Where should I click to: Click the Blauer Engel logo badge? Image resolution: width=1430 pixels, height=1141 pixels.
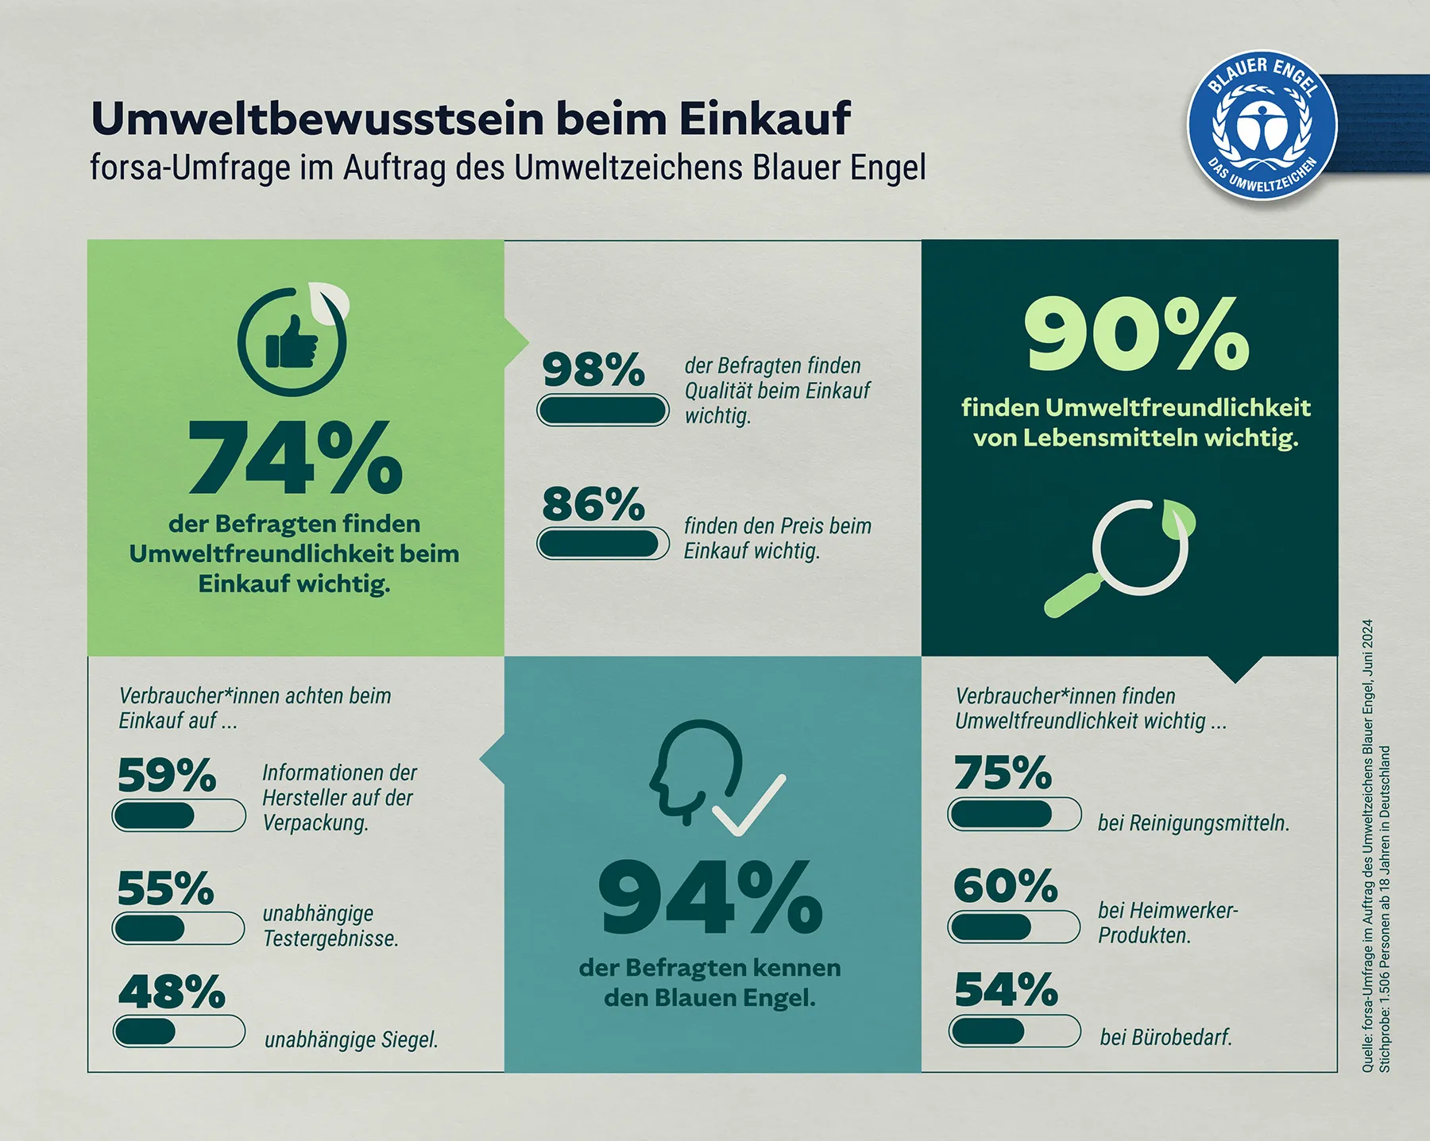tap(1262, 127)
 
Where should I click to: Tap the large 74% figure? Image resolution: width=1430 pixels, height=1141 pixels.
tap(295, 458)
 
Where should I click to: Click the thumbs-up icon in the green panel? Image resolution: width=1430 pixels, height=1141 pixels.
tap(292, 341)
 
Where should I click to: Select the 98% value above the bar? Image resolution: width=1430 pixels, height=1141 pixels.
tap(593, 370)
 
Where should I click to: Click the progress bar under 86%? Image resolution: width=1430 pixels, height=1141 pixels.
tap(603, 544)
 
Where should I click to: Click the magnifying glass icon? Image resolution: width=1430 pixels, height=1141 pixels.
tap(1120, 556)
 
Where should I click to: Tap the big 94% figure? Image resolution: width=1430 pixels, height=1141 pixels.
tap(710, 897)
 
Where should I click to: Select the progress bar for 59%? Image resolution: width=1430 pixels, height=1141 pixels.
tap(179, 815)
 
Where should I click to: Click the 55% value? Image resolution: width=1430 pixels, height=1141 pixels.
tap(166, 889)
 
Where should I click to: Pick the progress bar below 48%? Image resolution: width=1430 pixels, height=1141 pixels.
tap(179, 1031)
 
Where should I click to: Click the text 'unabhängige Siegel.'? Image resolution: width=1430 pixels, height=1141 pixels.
tap(351, 1039)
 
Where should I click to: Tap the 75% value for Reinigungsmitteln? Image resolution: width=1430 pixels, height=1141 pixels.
tap(1003, 773)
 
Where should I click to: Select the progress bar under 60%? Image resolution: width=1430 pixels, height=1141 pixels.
tap(1015, 927)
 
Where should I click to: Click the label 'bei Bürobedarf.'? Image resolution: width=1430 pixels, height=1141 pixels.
tap(1165, 1037)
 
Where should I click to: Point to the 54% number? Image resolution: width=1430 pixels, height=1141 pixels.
tap(1006, 990)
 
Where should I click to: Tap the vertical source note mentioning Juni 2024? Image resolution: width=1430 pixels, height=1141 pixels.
tap(1367, 846)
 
